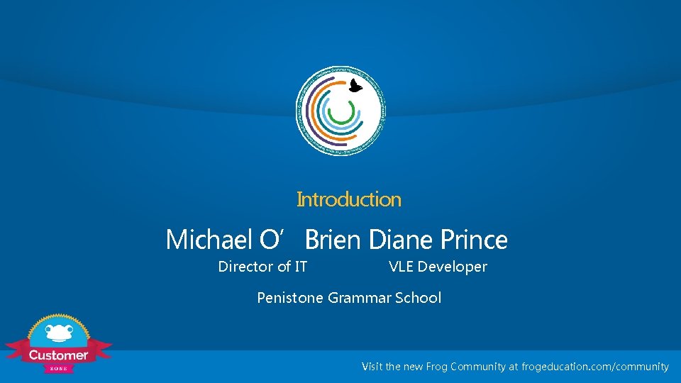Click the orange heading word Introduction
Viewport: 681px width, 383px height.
coord(348,200)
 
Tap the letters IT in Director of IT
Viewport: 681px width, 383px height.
coord(301,267)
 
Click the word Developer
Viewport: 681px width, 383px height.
coord(453,267)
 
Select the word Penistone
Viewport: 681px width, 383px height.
coord(290,298)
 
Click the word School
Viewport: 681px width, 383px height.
coord(418,298)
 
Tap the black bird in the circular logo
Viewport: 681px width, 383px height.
coord(355,87)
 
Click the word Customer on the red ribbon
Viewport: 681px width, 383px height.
coord(58,355)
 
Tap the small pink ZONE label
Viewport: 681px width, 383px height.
coord(58,368)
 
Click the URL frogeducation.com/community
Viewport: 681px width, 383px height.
coord(595,367)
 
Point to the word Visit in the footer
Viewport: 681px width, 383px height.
coord(372,367)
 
